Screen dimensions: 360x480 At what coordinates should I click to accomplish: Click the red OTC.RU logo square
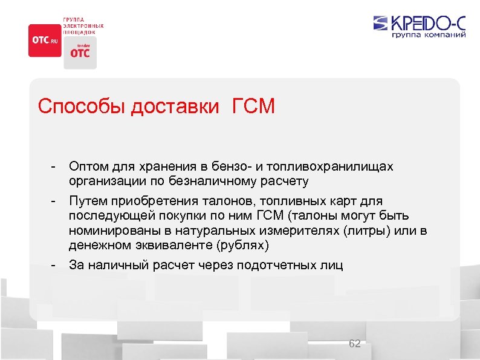coord(45,41)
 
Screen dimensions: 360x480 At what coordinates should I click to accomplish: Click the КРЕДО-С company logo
coord(420,24)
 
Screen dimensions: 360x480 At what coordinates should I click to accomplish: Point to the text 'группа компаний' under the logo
coord(429,36)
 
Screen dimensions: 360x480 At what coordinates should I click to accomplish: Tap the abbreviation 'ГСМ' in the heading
coord(252,107)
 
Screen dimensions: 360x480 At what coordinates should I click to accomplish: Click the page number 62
coord(355,344)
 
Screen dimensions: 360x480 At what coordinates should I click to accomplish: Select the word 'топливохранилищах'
coord(336,166)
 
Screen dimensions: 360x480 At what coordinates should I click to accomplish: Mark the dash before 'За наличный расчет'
coord(54,265)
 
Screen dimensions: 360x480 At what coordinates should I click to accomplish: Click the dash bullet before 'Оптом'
coord(54,166)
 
